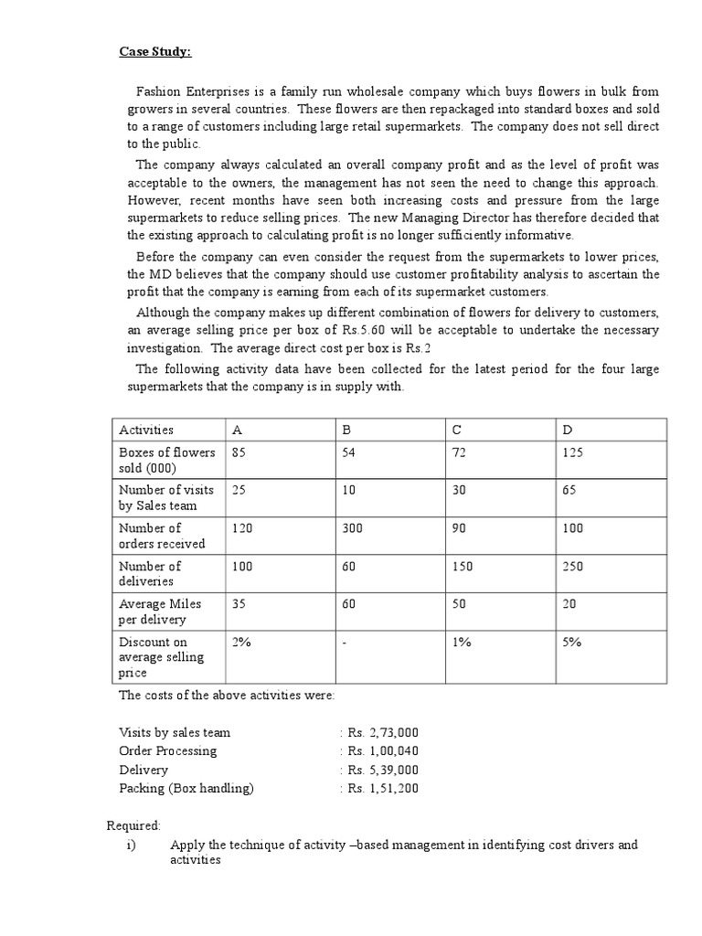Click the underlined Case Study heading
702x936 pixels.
point(155,51)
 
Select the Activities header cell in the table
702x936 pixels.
point(146,430)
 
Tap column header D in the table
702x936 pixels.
point(568,430)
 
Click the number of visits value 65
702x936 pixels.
point(571,490)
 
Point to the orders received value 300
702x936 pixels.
point(352,528)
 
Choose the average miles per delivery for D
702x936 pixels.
point(571,604)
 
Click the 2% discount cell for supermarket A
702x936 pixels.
point(241,642)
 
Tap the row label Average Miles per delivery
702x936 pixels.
point(160,612)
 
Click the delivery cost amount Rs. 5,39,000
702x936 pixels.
point(382,770)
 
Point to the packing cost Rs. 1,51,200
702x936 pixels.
point(382,788)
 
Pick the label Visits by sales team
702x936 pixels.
point(175,732)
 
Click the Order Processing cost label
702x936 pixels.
point(168,750)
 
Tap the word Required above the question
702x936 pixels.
point(133,825)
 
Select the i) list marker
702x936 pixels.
point(131,845)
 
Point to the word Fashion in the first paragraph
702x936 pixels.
point(158,92)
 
